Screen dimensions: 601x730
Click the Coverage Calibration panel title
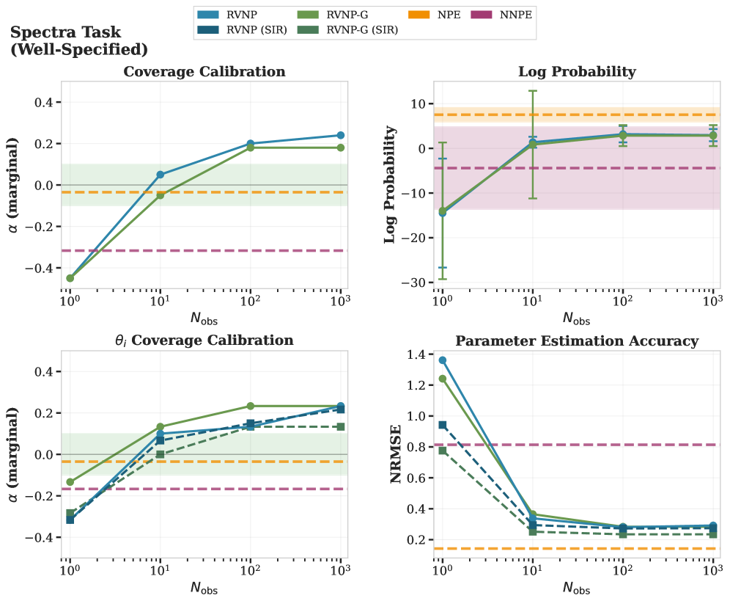(204, 72)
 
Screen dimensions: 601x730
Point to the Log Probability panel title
(576, 72)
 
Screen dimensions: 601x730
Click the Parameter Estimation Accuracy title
(576, 341)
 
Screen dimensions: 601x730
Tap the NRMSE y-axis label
(396, 455)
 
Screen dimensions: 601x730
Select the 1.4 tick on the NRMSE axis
(416, 354)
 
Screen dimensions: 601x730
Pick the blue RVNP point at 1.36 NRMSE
(442, 360)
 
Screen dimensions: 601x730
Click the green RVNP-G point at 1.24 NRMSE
(442, 379)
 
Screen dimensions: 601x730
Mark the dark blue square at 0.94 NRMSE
(442, 425)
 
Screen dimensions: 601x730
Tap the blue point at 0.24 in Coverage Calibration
(341, 135)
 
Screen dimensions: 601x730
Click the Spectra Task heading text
(66, 33)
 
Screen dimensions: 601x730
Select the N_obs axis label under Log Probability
(576, 318)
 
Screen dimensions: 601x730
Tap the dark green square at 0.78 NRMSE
(442, 450)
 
